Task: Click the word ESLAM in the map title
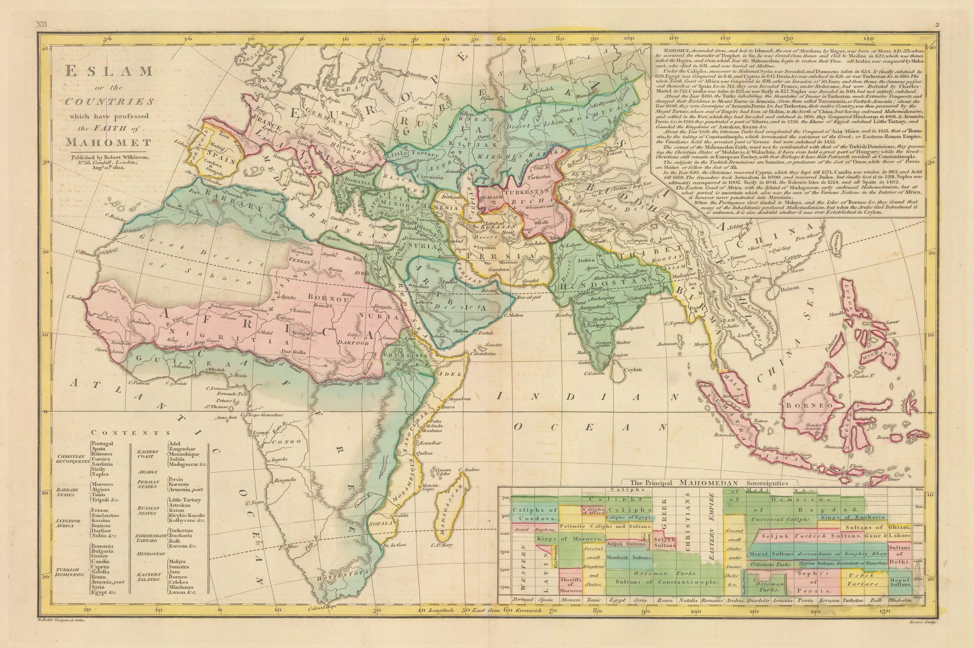(109, 71)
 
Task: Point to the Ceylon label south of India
(633, 370)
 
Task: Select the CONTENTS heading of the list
(131, 433)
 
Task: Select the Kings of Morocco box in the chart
(565, 539)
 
